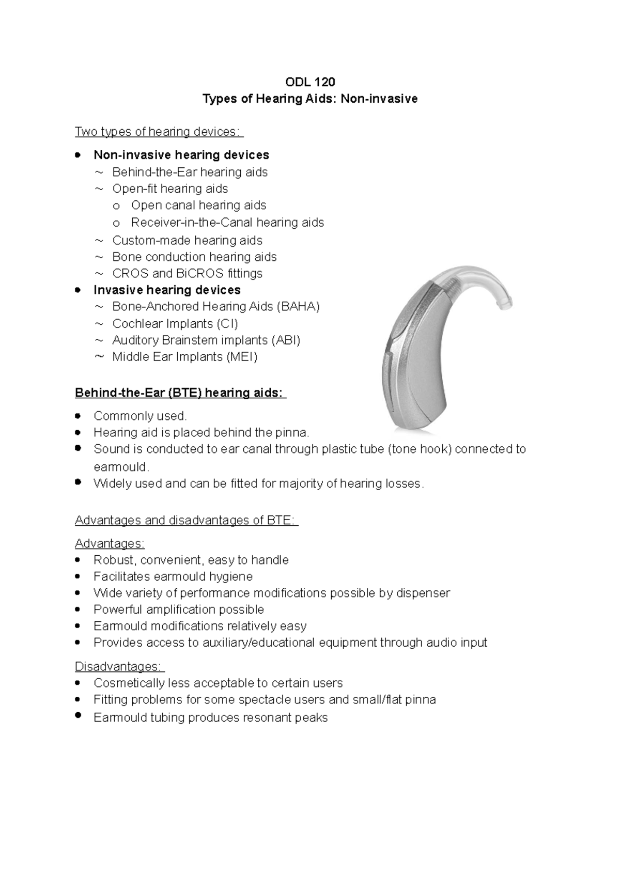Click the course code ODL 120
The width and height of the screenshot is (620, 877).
310,82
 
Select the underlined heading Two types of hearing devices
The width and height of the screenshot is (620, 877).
158,132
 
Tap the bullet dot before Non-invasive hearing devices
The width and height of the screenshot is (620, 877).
78,154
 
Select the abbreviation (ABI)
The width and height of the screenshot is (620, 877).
285,340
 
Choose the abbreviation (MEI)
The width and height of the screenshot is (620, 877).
241,356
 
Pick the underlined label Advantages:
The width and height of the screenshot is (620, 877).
110,543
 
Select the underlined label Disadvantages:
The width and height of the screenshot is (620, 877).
119,666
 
